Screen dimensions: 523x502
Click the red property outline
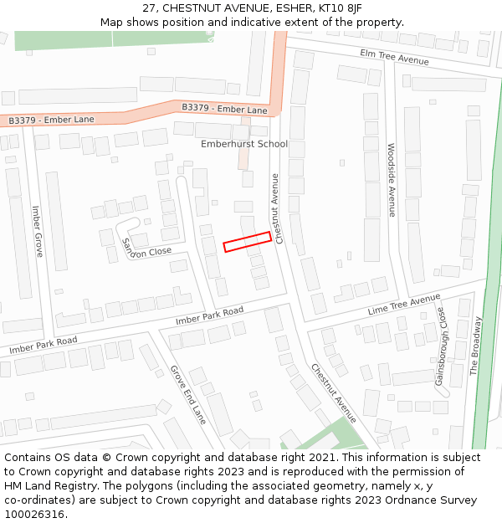[x=247, y=241]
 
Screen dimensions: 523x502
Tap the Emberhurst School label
[x=243, y=144]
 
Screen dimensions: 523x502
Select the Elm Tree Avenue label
[x=394, y=57]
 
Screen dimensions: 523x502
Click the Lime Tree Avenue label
[x=403, y=305]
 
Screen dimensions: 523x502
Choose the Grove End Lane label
[x=187, y=394]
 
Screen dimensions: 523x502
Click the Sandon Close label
[x=146, y=246]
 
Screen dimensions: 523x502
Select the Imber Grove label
[x=38, y=231]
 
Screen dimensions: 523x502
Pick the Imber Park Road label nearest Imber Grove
[x=43, y=344]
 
